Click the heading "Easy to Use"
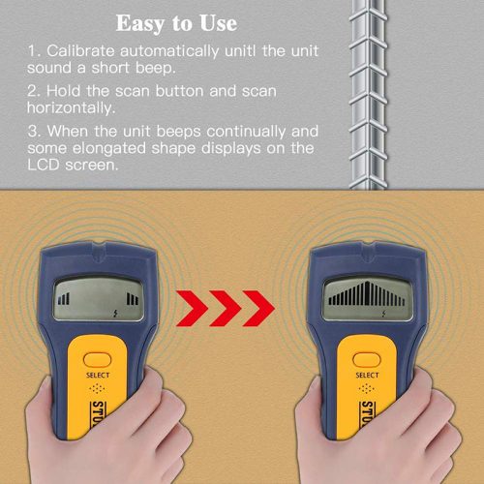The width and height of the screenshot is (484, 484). click(176, 23)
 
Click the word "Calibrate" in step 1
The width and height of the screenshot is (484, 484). click(80, 51)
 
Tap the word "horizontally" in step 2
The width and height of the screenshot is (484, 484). click(71, 107)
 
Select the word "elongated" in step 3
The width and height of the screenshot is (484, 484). click(109, 148)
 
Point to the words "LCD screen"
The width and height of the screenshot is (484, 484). click(73, 166)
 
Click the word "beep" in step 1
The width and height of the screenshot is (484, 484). click(155, 69)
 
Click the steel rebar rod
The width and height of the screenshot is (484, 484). click(368, 95)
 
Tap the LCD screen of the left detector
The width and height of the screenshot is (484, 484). click(98, 299)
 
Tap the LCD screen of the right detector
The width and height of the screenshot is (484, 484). click(367, 299)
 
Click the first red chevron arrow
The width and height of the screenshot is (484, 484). click(192, 308)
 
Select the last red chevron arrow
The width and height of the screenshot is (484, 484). click(258, 308)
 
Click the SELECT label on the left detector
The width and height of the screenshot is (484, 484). click(98, 375)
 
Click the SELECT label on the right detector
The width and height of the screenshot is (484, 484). click(367, 375)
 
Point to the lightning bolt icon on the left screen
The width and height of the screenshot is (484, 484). click(115, 313)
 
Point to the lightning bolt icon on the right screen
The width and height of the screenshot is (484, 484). click(383, 313)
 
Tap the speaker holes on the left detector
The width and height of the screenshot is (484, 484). click(97, 388)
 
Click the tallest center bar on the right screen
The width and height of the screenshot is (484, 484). click(367, 293)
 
